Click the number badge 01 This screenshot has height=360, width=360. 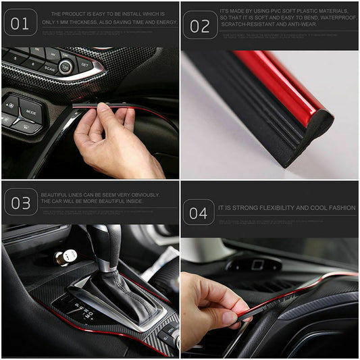pyautogui.click(x=20, y=23)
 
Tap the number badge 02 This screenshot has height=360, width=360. pyautogui.click(x=200, y=26)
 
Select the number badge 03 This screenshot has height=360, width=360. pyautogui.click(x=20, y=202)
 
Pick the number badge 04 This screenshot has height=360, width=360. pyautogui.click(x=199, y=213)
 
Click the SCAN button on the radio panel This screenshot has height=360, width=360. pyautogui.click(x=49, y=68)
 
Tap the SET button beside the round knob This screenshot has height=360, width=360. pyautogui.click(x=84, y=63)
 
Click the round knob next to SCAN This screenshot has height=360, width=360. pyautogui.click(x=66, y=66)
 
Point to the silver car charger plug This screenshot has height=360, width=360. pyautogui.click(x=65, y=257)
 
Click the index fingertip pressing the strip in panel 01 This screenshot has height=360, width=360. pyautogui.click(x=102, y=107)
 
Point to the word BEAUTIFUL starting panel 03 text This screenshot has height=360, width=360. pyautogui.click(x=55, y=195)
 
